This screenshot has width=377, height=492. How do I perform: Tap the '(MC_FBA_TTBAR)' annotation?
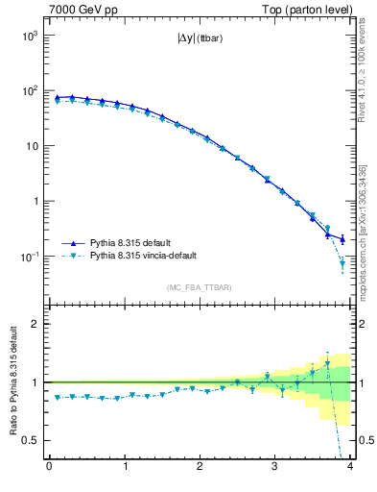pos(200,287)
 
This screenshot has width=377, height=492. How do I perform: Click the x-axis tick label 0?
pos(49,468)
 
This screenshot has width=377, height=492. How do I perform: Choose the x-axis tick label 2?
pos(200,468)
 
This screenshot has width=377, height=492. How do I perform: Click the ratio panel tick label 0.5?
pos(29,440)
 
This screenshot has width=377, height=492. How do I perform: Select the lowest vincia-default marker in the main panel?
pos(342,263)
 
